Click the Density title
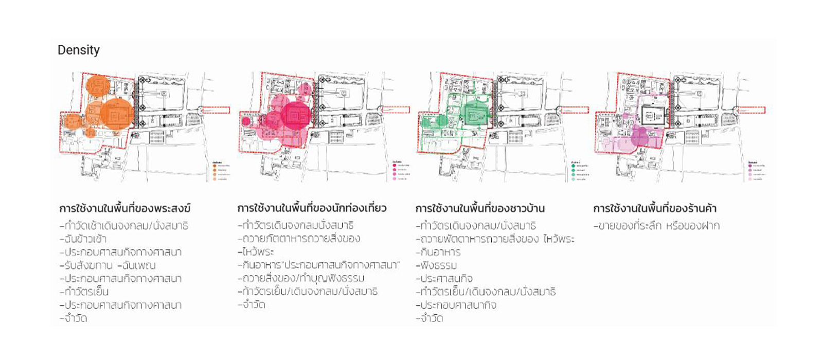click(79, 50)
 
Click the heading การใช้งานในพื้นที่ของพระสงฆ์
click(125, 208)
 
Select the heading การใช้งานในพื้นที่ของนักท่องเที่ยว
click(312, 208)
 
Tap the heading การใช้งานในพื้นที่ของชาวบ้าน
click(480, 208)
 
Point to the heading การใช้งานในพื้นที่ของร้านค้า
click(655, 208)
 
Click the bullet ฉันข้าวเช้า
click(83, 239)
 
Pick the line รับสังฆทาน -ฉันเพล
click(108, 265)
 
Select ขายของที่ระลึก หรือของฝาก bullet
click(657, 226)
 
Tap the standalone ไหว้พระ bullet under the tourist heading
click(256, 252)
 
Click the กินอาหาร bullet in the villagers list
click(438, 252)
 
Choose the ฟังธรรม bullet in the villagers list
click(437, 265)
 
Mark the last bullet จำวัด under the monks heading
click(74, 318)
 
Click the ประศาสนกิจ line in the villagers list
click(444, 279)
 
